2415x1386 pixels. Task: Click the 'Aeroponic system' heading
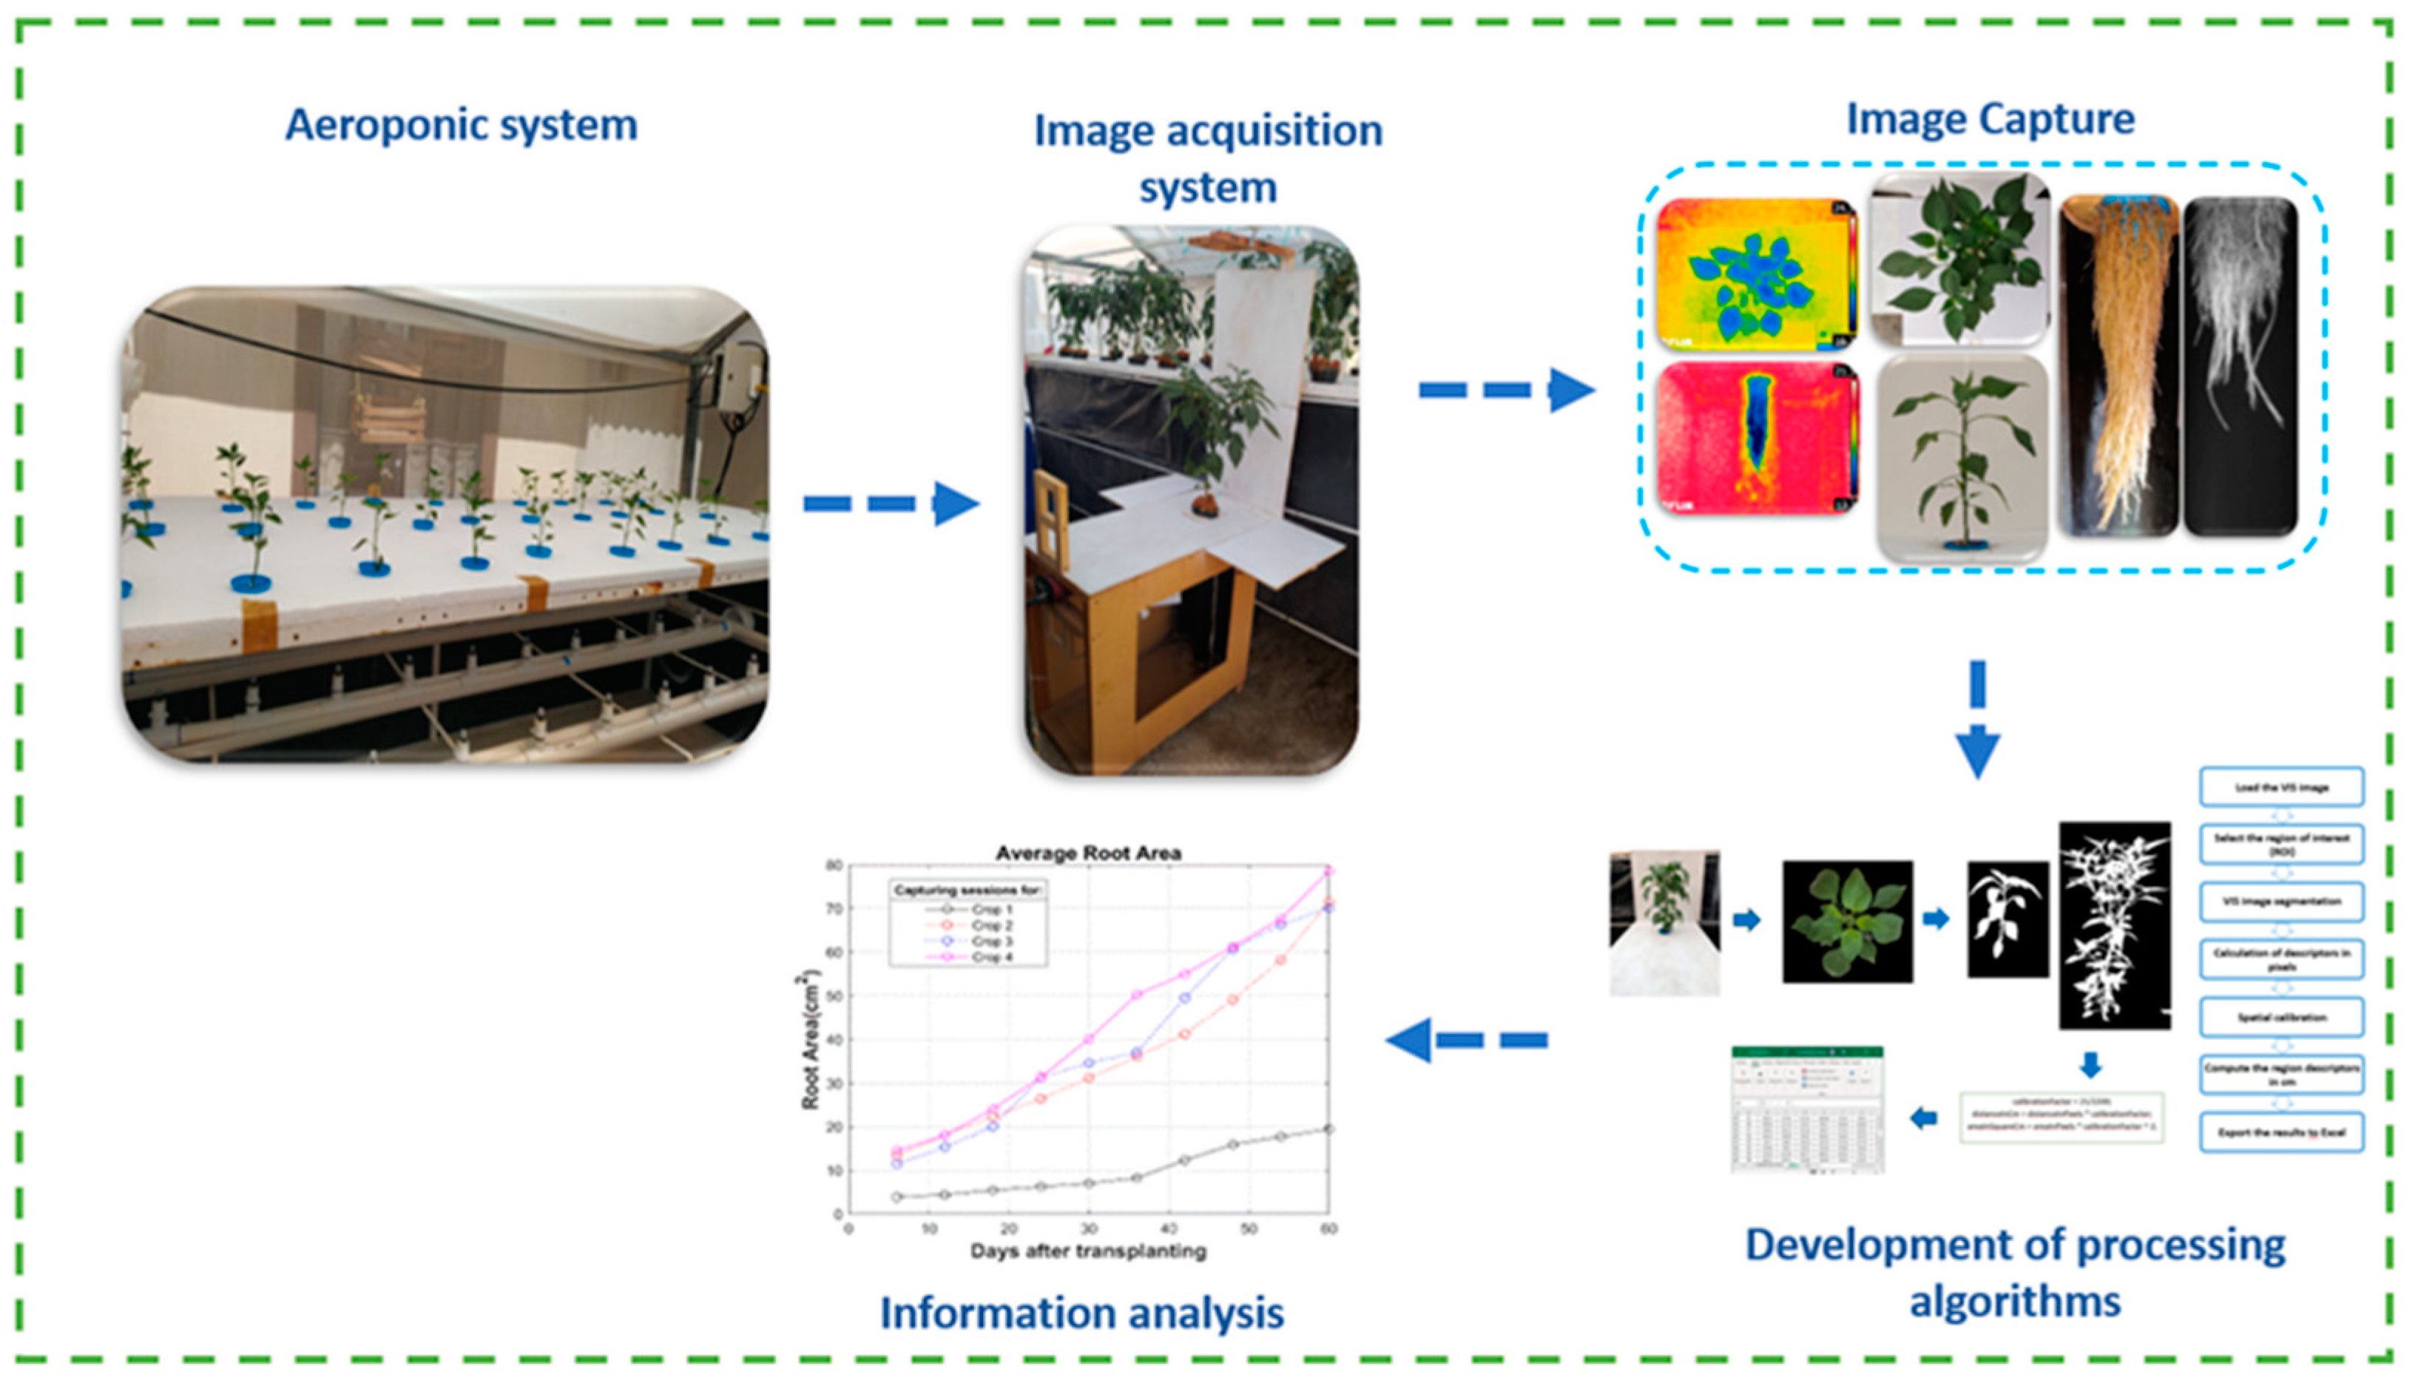(461, 126)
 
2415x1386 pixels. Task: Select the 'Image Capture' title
(1990, 120)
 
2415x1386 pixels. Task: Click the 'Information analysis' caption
(1081, 1313)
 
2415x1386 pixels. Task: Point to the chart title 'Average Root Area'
(1088, 853)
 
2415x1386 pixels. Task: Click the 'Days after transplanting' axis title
(1088, 1251)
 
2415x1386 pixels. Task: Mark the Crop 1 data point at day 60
(1328, 1129)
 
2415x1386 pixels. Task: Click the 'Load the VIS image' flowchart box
(2281, 787)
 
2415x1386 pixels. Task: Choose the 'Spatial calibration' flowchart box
(2281, 1018)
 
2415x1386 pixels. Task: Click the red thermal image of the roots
(1756, 438)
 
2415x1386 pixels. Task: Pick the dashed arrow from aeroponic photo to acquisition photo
(890, 504)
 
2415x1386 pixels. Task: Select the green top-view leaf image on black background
(1847, 922)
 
